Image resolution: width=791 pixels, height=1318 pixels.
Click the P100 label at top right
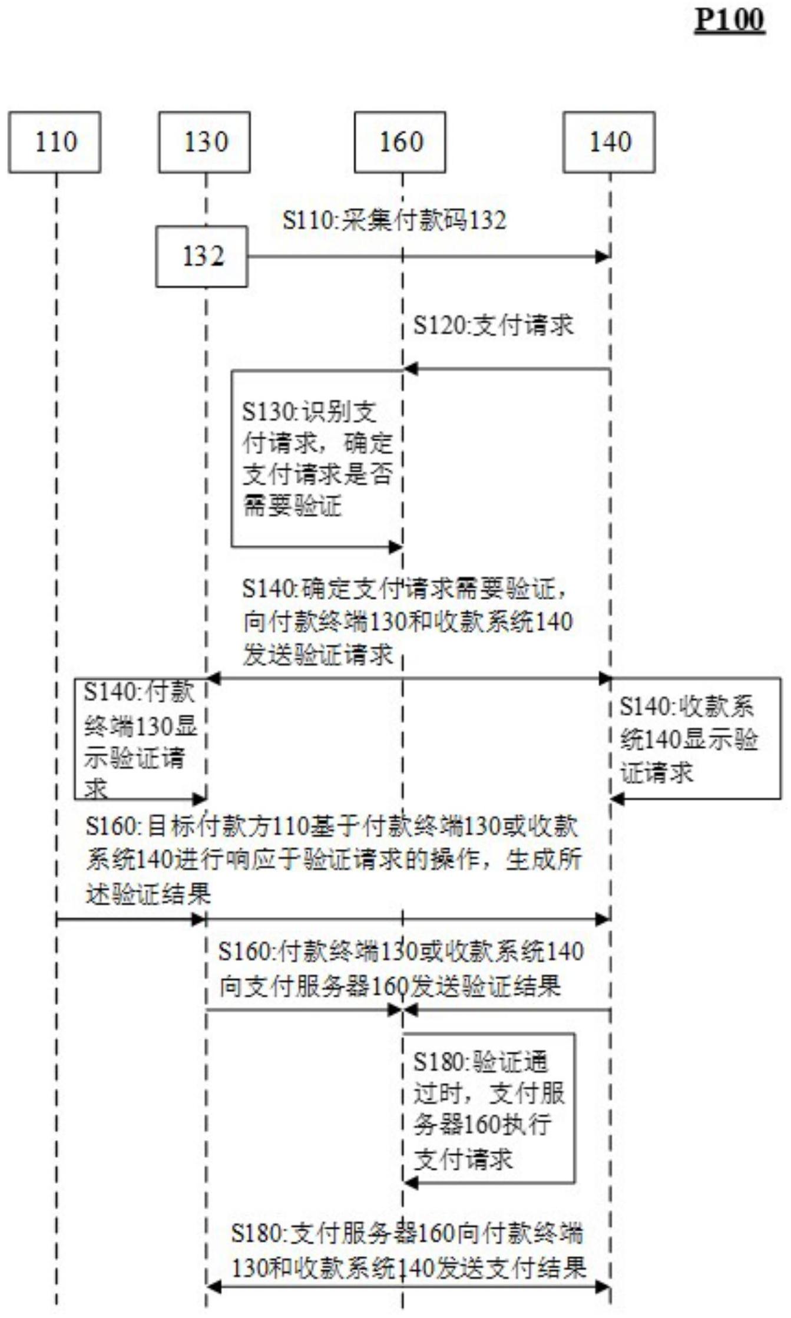pyautogui.click(x=729, y=21)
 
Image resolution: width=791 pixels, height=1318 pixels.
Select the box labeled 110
pyautogui.click(x=55, y=142)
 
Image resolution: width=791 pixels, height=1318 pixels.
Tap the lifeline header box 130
pyautogui.click(x=204, y=142)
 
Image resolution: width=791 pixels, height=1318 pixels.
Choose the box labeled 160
pyautogui.click(x=400, y=142)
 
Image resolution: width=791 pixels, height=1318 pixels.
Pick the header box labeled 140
pyautogui.click(x=609, y=142)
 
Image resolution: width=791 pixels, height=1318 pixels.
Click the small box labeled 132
pyautogui.click(x=202, y=257)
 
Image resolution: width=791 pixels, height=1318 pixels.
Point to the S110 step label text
pyautogui.click(x=394, y=221)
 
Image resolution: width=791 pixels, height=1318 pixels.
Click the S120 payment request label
pyautogui.click(x=493, y=325)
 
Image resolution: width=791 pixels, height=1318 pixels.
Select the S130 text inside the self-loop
pyautogui.click(x=317, y=458)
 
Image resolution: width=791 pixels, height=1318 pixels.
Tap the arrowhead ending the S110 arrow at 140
pyautogui.click(x=603, y=257)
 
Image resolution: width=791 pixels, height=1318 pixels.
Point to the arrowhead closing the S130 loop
pyautogui.click(x=395, y=547)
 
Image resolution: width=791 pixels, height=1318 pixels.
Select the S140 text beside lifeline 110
pyautogui.click(x=139, y=740)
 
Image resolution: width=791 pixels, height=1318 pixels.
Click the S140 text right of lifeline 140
pyautogui.click(x=687, y=739)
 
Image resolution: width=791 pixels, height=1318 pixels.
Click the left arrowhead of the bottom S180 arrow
pyautogui.click(x=213, y=1288)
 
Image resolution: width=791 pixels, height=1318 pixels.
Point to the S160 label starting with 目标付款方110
pyautogui.click(x=333, y=860)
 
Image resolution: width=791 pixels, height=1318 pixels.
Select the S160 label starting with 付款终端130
pyautogui.click(x=401, y=968)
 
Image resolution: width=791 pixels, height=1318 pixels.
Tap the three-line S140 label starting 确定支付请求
pyautogui.click(x=406, y=622)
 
